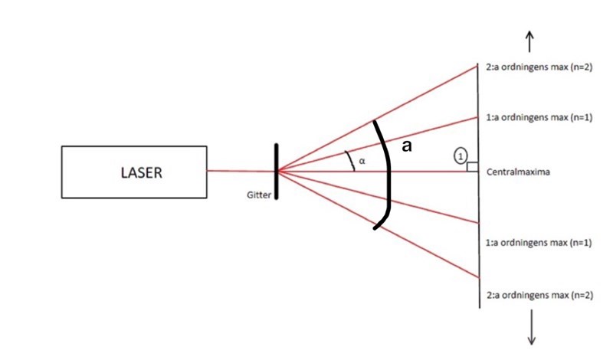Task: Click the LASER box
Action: point(134,172)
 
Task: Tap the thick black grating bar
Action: point(276,170)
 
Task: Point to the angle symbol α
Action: point(362,162)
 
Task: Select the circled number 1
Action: point(460,155)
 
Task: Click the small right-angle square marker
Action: point(473,167)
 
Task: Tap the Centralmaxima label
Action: point(514,172)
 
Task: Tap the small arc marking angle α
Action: point(352,160)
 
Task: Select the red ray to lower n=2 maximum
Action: point(429,251)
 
